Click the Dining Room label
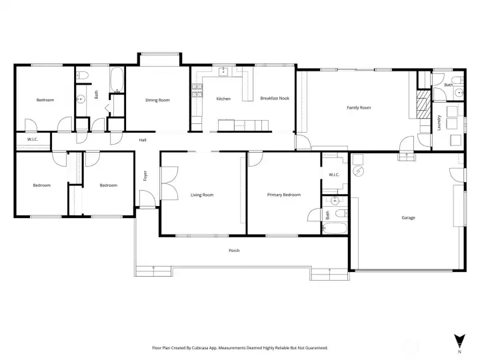157,100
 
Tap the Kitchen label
223,99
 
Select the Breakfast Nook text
274,99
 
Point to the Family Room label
359,107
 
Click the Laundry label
439,122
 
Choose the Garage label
408,217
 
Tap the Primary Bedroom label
284,195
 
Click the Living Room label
202,195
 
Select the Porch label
234,251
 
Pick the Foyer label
145,176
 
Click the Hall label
143,140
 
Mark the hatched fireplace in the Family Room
421,105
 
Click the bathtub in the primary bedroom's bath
335,227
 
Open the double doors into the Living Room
169,182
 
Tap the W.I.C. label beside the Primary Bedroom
334,175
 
